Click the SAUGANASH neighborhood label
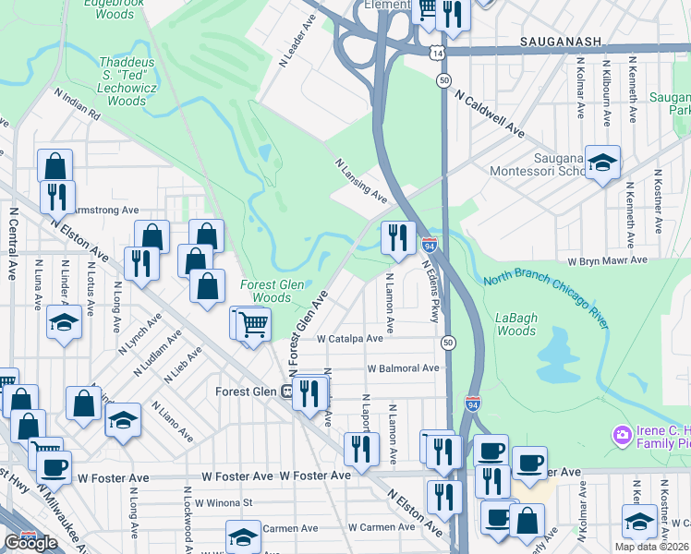561,42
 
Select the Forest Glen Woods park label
265,292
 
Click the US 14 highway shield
434,54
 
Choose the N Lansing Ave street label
360,179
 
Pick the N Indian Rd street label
78,104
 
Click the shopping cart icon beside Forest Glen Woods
253,324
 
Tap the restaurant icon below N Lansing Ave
397,238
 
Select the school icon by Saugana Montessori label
602,163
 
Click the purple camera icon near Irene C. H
622,434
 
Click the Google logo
30,543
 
